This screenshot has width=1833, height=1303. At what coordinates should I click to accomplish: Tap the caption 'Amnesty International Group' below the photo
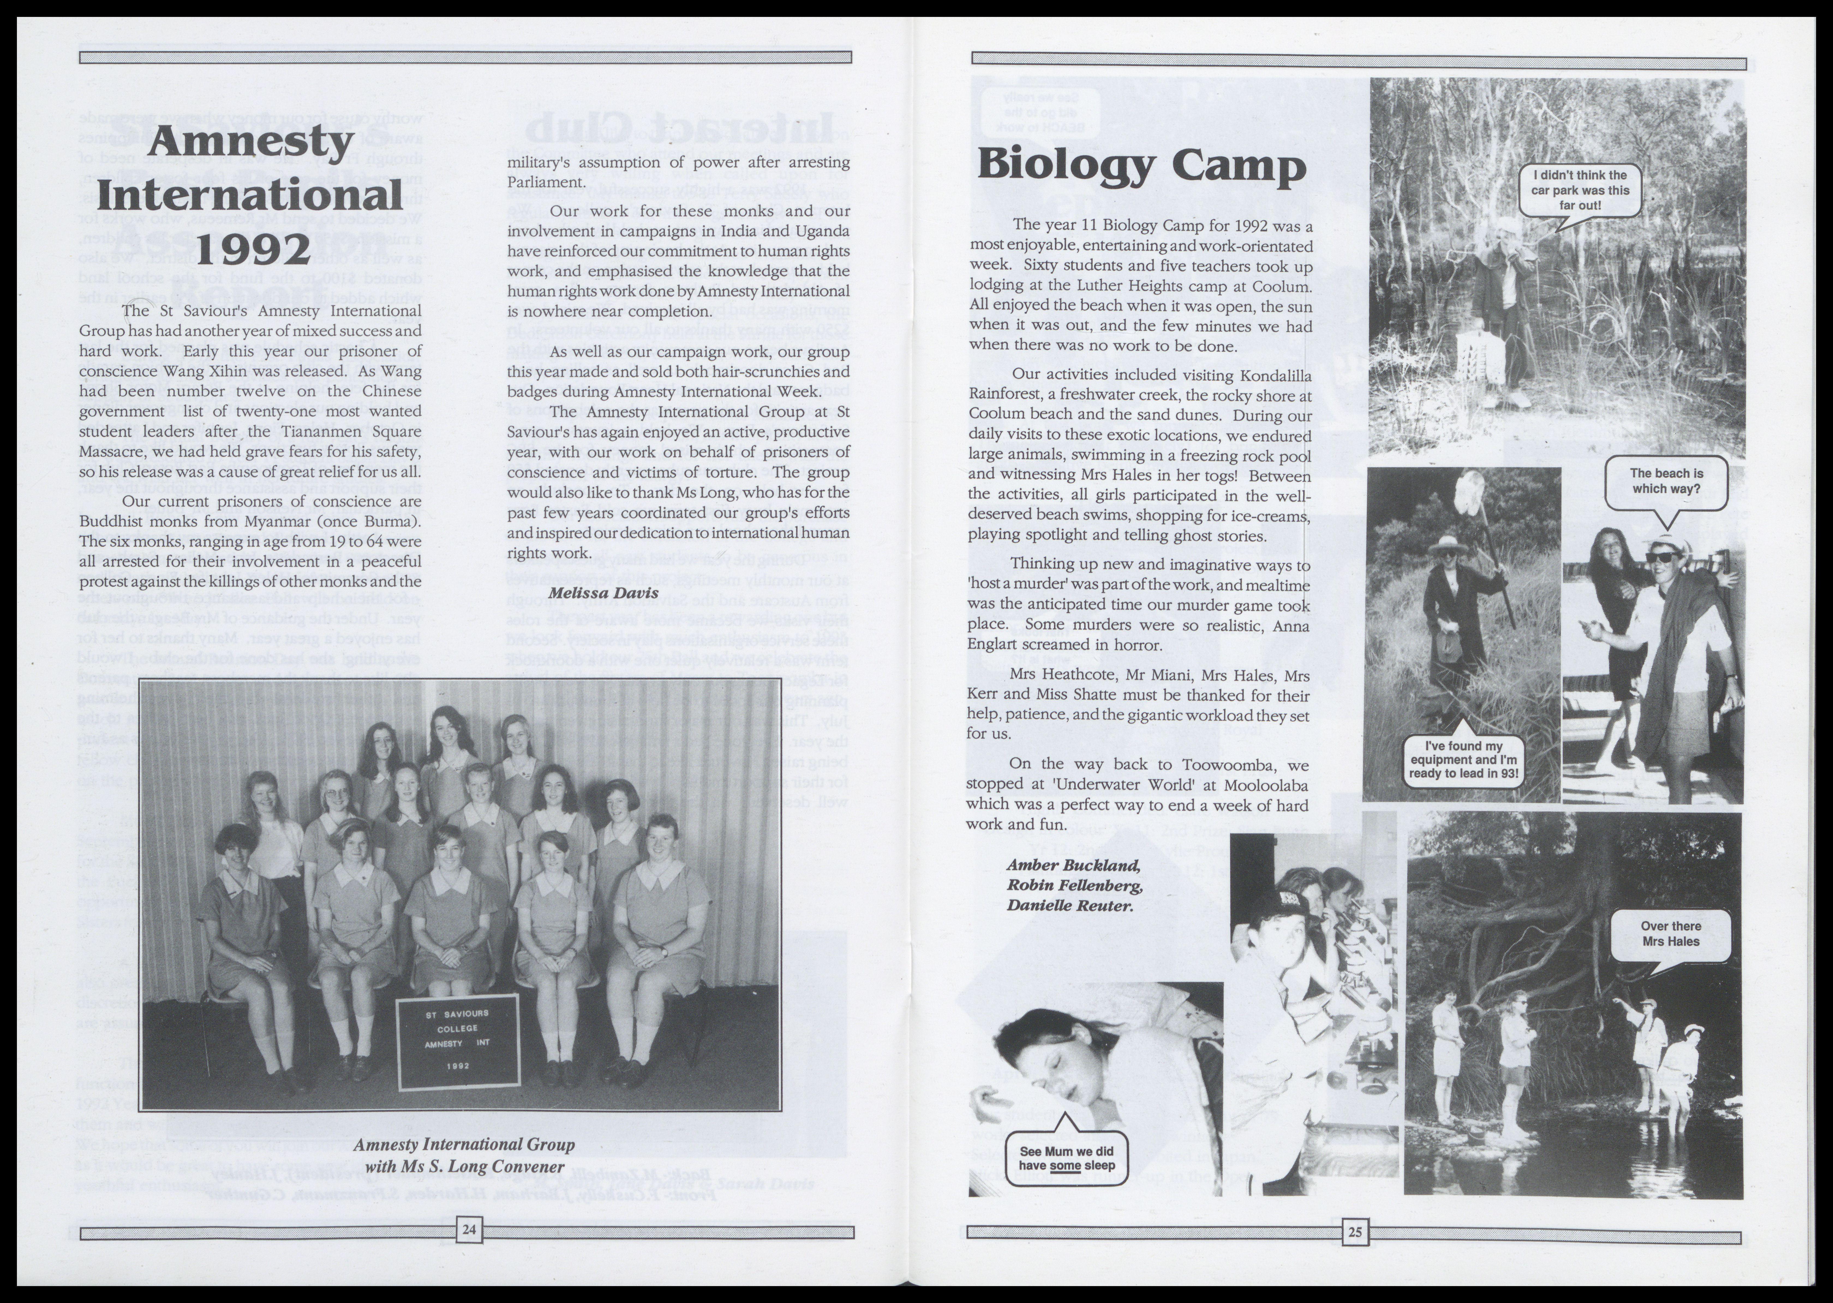[464, 1144]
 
